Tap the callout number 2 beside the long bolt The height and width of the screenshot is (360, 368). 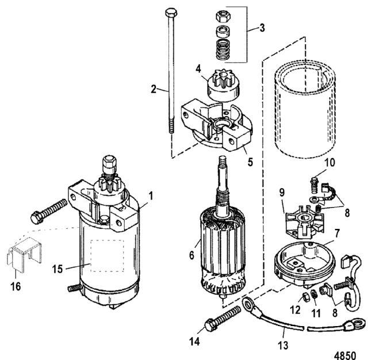click(154, 89)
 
